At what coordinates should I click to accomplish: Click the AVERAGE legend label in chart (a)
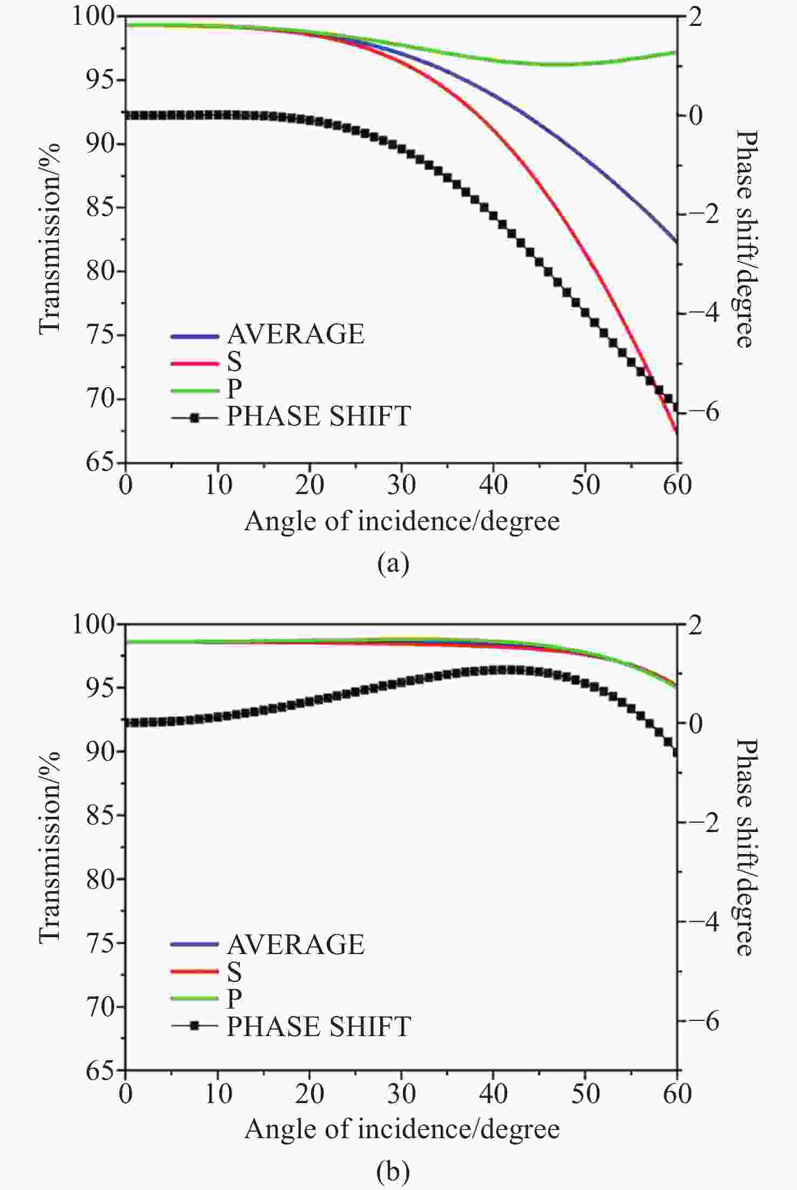pos(295,334)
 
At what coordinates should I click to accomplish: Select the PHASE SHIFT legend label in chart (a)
pos(319,416)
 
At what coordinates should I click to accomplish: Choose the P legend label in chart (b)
pos(234,998)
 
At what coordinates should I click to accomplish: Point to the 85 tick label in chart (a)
pos(100,207)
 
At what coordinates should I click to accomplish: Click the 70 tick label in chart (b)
pos(100,1008)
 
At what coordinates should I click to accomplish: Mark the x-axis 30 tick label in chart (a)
pos(401,485)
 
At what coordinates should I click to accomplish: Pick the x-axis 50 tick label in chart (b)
pos(585,1094)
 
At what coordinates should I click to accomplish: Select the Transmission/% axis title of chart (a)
pos(50,238)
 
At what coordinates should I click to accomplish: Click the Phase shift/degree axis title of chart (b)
pos(746,847)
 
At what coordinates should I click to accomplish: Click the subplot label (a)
pos(394,564)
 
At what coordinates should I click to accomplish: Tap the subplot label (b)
pos(394,1172)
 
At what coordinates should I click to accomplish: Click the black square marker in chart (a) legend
pos(195,417)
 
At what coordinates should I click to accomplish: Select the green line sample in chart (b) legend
pos(194,999)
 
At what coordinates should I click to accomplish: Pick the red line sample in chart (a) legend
pos(194,362)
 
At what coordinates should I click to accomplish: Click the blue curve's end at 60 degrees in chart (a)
pos(676,241)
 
